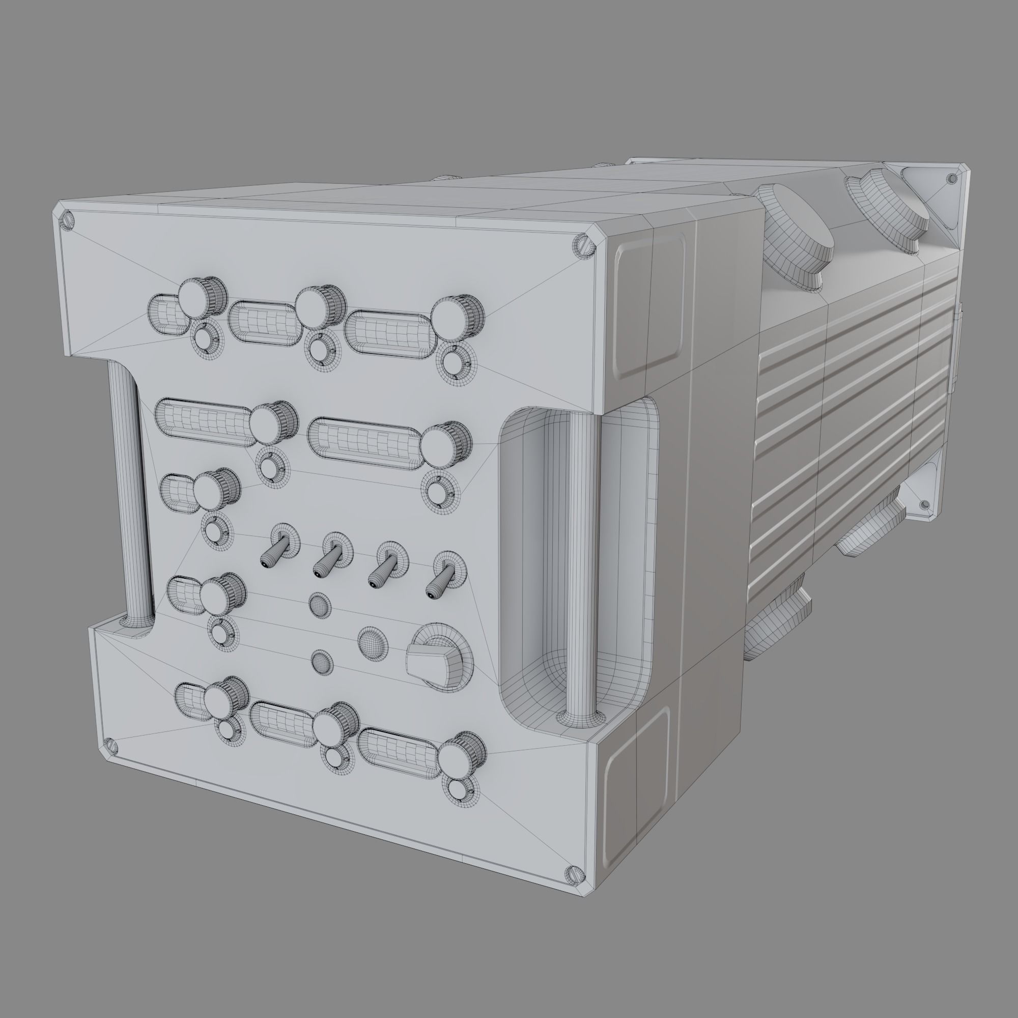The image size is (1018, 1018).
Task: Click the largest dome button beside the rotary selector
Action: pyautogui.click(x=373, y=641)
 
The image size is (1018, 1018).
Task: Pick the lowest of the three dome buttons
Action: pyautogui.click(x=322, y=662)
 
